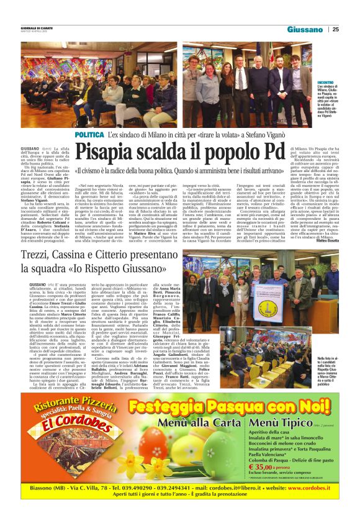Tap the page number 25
point(336,29)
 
